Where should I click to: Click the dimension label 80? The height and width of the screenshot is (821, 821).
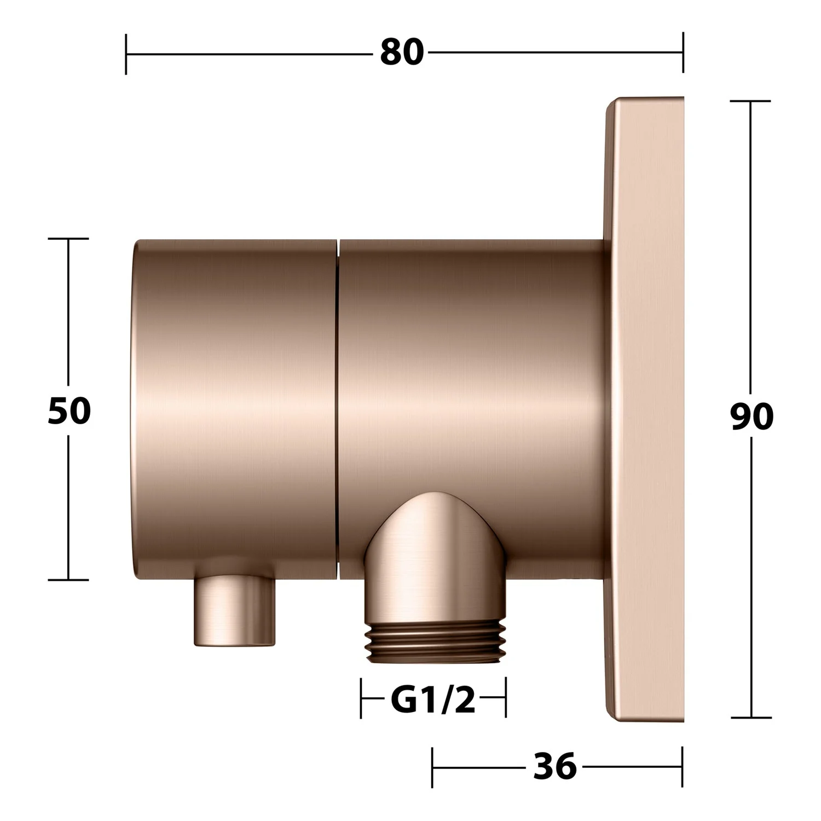pos(402,53)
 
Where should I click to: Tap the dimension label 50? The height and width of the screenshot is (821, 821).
pos(69,410)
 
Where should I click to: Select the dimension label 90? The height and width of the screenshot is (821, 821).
pos(752,417)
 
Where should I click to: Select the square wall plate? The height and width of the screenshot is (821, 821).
pos(645,408)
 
